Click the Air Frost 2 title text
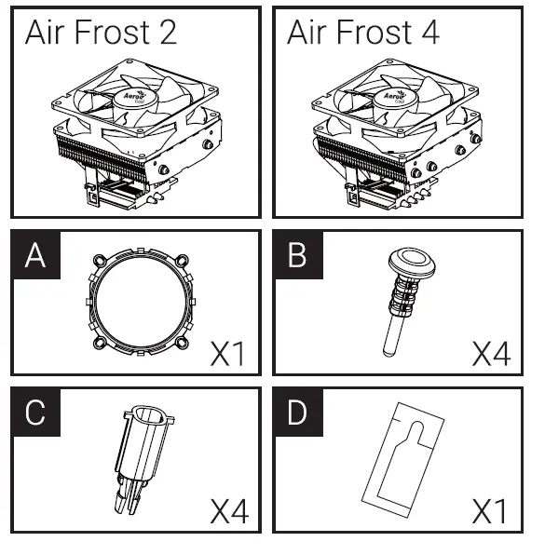101,33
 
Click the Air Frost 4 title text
363,33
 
